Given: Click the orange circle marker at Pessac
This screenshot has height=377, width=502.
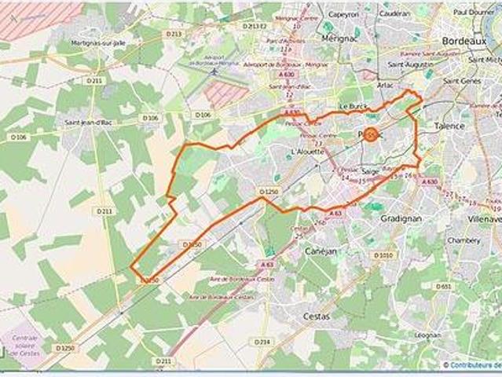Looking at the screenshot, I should (370, 134).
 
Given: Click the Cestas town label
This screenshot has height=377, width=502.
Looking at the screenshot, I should (317, 316).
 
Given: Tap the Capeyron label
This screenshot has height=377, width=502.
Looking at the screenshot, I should (343, 13).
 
